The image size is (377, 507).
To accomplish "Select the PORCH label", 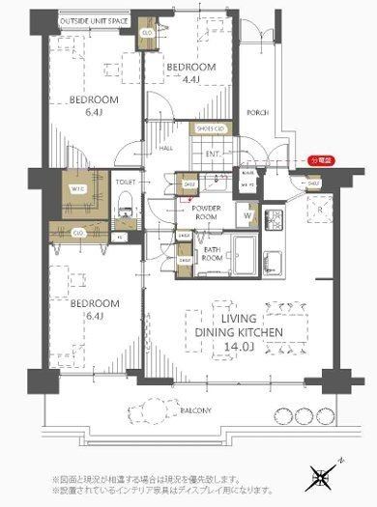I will coord(256,111).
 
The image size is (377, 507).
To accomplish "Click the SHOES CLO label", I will coord(211,128).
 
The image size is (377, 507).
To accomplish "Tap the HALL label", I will coord(166,148).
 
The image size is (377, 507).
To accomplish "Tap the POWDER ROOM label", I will coord(207,213).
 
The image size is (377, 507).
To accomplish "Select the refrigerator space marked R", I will coord(320,207).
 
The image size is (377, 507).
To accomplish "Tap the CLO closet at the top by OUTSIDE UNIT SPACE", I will coord(145,32).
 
